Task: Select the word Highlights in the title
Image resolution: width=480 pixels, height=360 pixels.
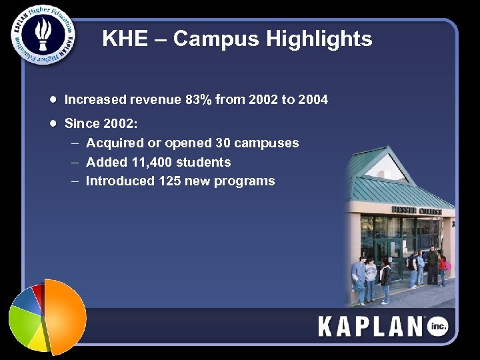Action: [x=319, y=39]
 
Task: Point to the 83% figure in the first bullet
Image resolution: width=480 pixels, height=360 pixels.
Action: [x=199, y=100]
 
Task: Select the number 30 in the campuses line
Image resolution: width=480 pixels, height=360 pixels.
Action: [x=223, y=143]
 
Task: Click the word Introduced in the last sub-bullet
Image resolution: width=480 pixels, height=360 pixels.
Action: [x=119, y=181]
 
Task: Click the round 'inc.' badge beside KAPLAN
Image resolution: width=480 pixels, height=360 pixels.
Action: [x=438, y=326]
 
